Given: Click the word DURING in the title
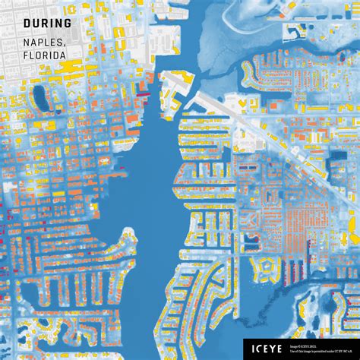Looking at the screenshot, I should point(47,23).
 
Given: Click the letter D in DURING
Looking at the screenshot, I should point(27,23).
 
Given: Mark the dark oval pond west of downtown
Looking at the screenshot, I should point(42,99).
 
